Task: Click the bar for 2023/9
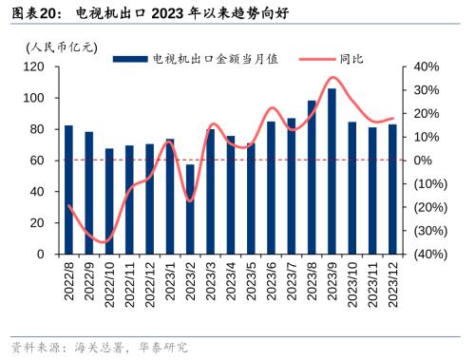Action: pyautogui.click(x=332, y=172)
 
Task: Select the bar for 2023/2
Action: pyautogui.click(x=190, y=209)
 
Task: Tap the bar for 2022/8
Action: pyautogui.click(x=68, y=190)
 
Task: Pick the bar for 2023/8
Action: pyautogui.click(x=312, y=178)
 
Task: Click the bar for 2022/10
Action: pyautogui.click(x=109, y=201)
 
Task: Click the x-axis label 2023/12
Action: pyautogui.click(x=392, y=283)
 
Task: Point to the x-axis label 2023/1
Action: pyautogui.click(x=169, y=283)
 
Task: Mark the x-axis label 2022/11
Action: pyautogui.click(x=129, y=283)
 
